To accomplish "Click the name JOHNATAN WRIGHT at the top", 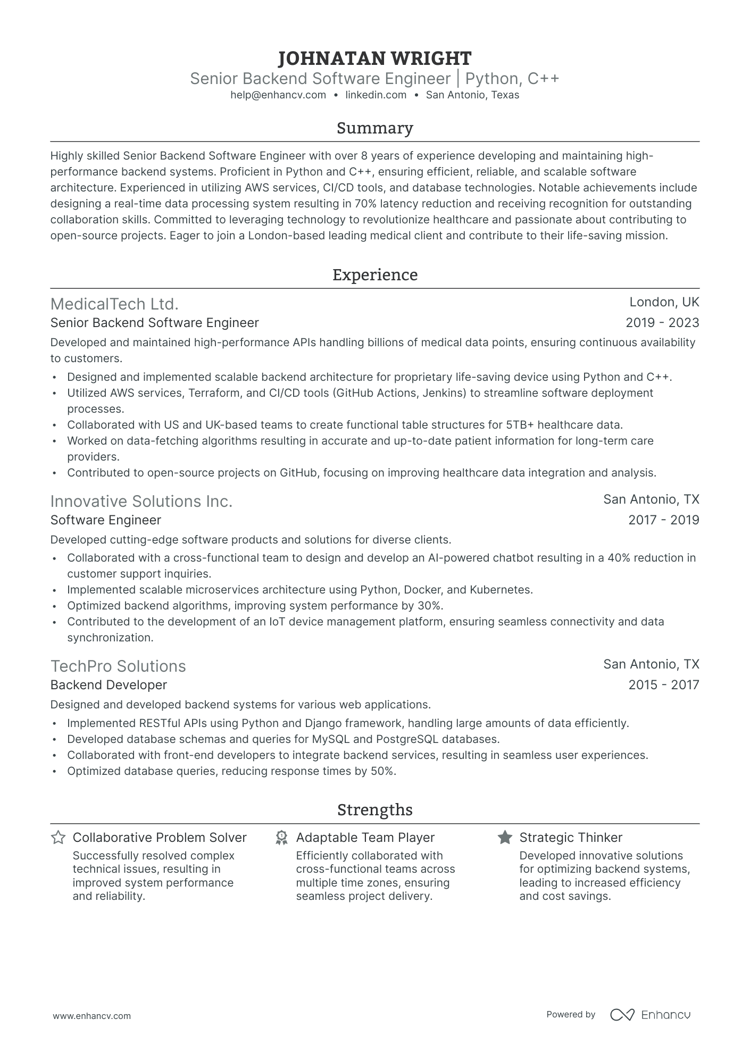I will click(374, 58).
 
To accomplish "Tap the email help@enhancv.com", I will click(278, 95).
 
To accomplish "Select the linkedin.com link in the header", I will click(376, 95).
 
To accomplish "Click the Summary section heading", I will click(374, 128).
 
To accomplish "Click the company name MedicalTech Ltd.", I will click(114, 304).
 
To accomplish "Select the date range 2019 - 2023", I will click(662, 323).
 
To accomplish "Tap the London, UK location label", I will click(664, 302).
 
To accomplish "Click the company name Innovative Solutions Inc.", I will click(141, 502).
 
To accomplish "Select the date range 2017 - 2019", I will click(663, 520).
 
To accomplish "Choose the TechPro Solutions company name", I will click(118, 666).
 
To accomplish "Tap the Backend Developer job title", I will click(109, 685).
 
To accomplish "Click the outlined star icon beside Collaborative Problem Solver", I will click(58, 838).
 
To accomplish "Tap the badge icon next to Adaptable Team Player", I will click(281, 838).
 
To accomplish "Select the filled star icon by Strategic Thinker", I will click(505, 838).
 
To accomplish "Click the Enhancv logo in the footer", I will click(650, 1015).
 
